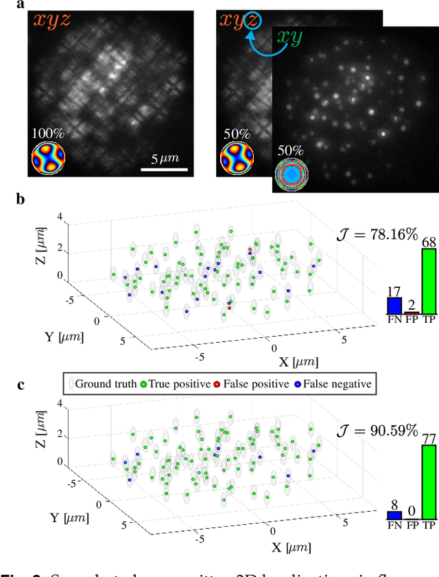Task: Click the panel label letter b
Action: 21,200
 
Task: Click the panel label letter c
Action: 21,383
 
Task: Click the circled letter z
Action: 253,22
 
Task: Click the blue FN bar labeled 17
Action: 394,306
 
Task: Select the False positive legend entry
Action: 252,383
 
